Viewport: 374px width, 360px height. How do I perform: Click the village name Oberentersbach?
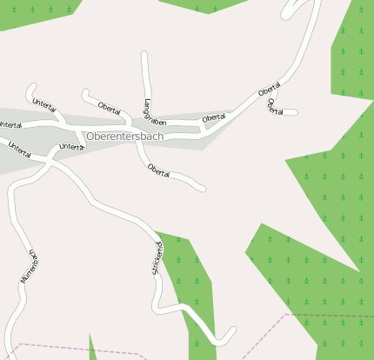(x=125, y=137)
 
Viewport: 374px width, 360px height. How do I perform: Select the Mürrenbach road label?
(x=28, y=267)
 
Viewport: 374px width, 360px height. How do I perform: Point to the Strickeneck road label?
(x=157, y=258)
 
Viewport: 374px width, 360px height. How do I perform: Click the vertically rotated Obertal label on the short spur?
(x=275, y=107)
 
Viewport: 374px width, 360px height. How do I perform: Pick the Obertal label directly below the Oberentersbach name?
(x=158, y=169)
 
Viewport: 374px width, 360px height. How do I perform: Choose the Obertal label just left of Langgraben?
(x=109, y=108)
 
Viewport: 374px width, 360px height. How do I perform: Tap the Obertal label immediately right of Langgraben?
(x=213, y=117)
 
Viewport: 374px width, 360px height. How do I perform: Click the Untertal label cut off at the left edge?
(x=10, y=125)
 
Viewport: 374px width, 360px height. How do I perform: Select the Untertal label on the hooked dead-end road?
(x=43, y=105)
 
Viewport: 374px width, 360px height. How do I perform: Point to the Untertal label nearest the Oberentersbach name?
(x=71, y=148)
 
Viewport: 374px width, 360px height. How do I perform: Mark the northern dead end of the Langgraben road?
(x=144, y=55)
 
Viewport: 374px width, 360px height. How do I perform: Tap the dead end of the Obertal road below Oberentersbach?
(x=203, y=187)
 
